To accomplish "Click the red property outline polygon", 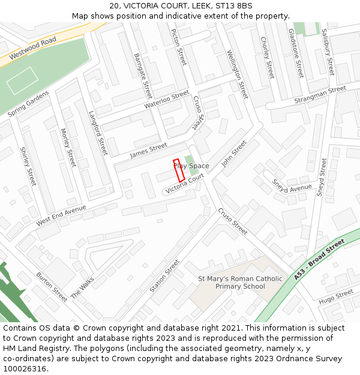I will (179, 170).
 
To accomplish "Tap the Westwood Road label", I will (32, 47).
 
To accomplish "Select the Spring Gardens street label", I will (28, 104).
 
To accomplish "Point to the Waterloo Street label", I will (166, 100).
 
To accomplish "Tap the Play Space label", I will (192, 166).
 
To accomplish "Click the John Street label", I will (234, 153).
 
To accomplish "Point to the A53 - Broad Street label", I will (319, 259).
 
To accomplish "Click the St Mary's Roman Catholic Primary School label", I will (240, 282).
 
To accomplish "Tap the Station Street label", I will (164, 275).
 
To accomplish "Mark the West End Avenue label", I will (61, 215).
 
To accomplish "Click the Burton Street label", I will (52, 286).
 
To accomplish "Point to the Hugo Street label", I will (336, 297).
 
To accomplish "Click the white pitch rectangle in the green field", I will (22, 80).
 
